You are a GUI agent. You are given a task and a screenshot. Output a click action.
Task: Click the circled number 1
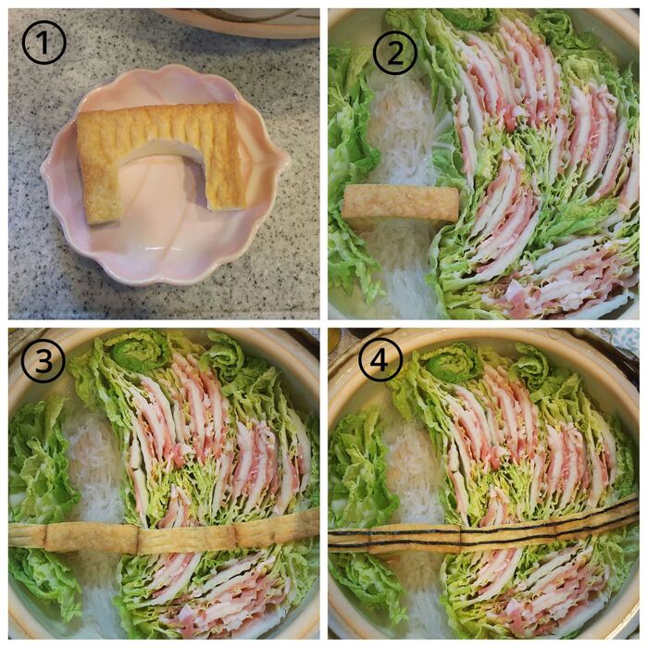pyautogui.click(x=44, y=43)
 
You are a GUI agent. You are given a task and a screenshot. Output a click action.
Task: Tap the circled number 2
pyautogui.click(x=394, y=53)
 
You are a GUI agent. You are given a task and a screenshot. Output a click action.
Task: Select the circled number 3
pyautogui.click(x=43, y=360)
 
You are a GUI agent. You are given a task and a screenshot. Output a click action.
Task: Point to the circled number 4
pyautogui.click(x=380, y=360)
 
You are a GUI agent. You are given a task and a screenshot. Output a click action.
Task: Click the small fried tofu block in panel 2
pyautogui.click(x=400, y=205)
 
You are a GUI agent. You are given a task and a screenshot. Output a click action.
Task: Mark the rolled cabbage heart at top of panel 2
pyautogui.click(x=469, y=19)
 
